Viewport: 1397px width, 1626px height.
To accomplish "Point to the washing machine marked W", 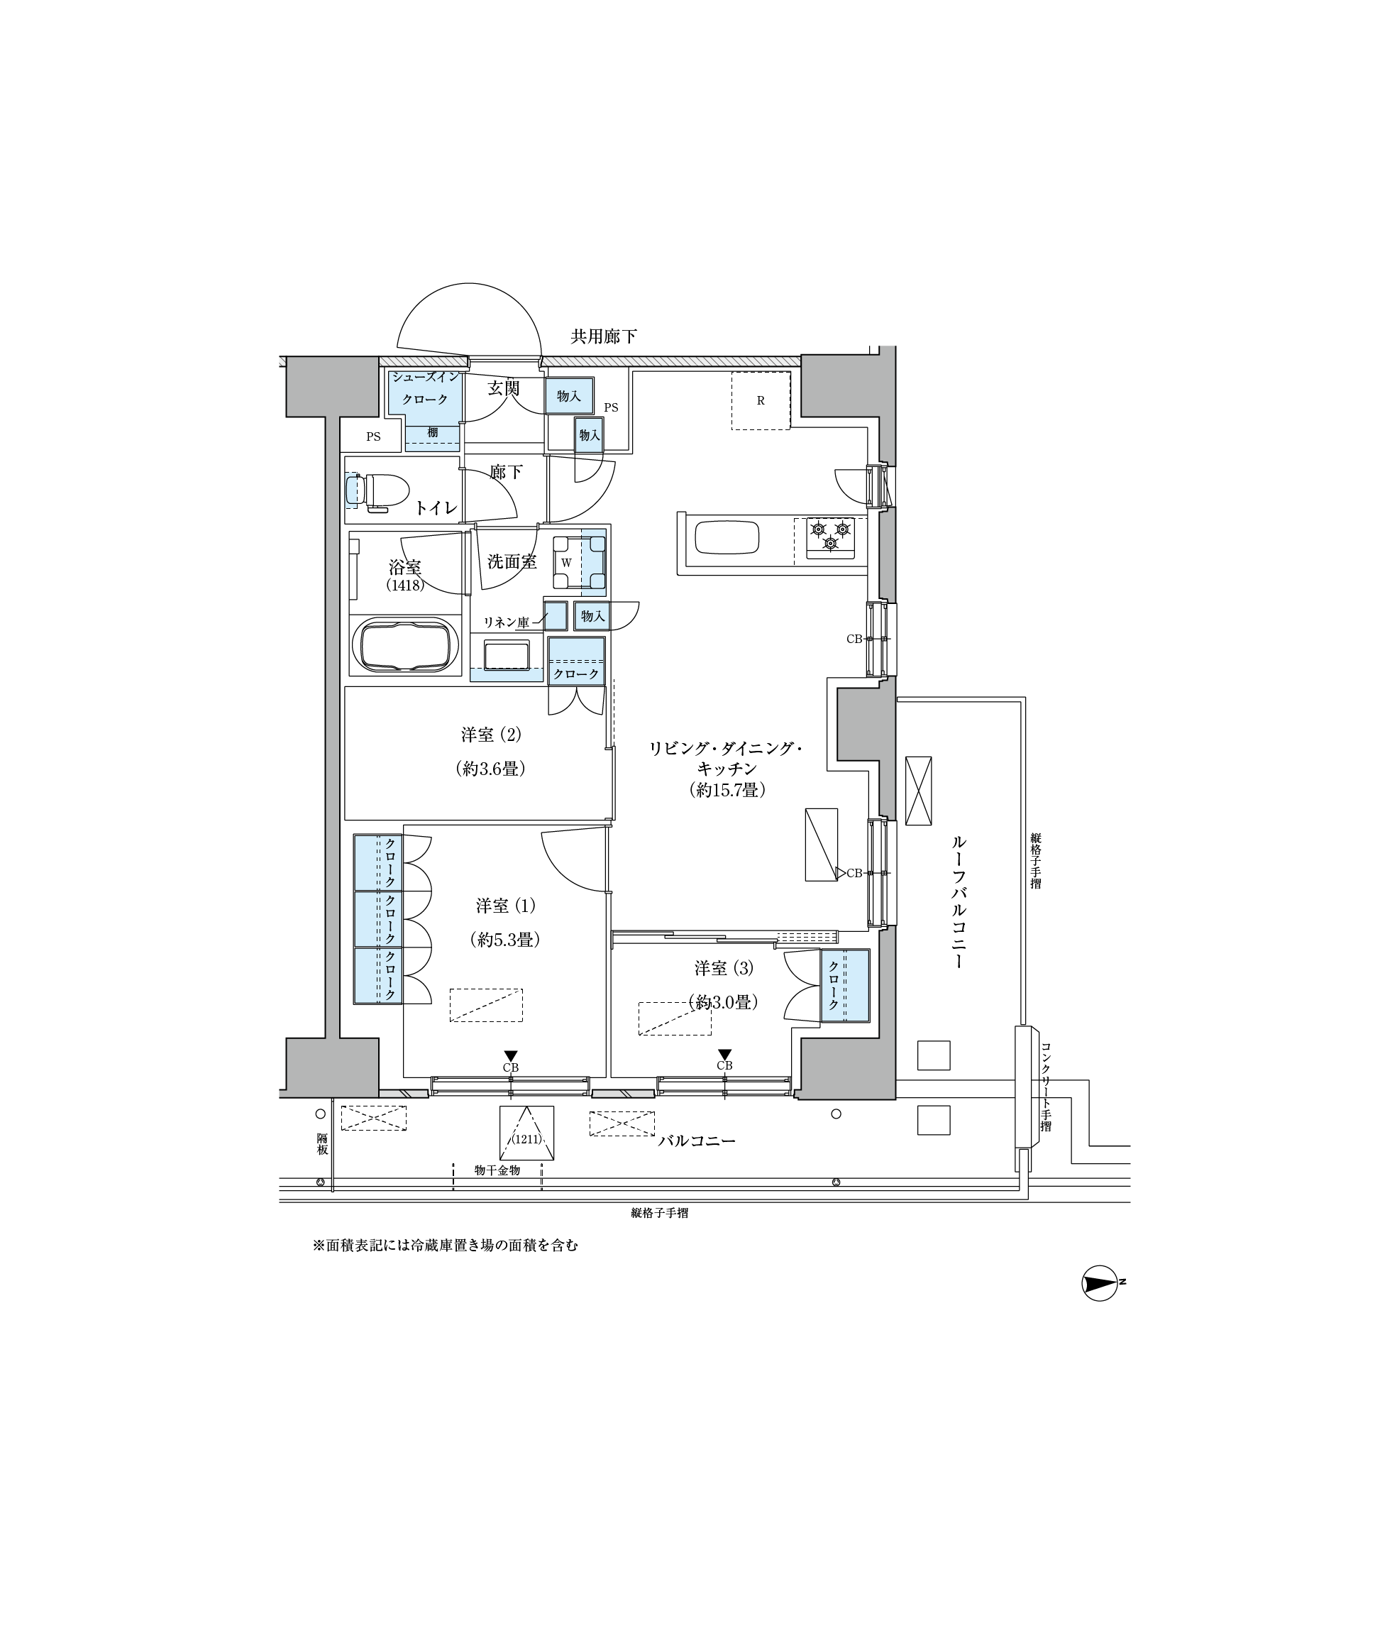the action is click(x=579, y=563).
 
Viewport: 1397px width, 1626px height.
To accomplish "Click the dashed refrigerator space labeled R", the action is click(x=760, y=400).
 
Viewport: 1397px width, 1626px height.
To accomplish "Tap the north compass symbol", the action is click(x=1101, y=1285).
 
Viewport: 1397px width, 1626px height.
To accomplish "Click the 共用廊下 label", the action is click(x=603, y=336).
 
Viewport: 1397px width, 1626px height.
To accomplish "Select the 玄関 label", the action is click(x=504, y=388).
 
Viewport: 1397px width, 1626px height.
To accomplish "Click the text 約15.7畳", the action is click(x=727, y=790).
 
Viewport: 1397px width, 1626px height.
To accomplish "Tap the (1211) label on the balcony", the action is click(x=526, y=1139).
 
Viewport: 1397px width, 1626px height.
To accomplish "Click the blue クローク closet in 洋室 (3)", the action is click(x=845, y=986).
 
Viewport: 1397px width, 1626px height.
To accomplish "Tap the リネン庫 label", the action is click(x=506, y=622).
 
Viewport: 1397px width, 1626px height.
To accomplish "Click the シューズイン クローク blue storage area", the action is click(x=424, y=410).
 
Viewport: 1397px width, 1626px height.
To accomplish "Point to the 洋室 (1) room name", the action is click(x=505, y=906).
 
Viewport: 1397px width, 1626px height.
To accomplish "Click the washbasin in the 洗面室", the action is click(x=507, y=655).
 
